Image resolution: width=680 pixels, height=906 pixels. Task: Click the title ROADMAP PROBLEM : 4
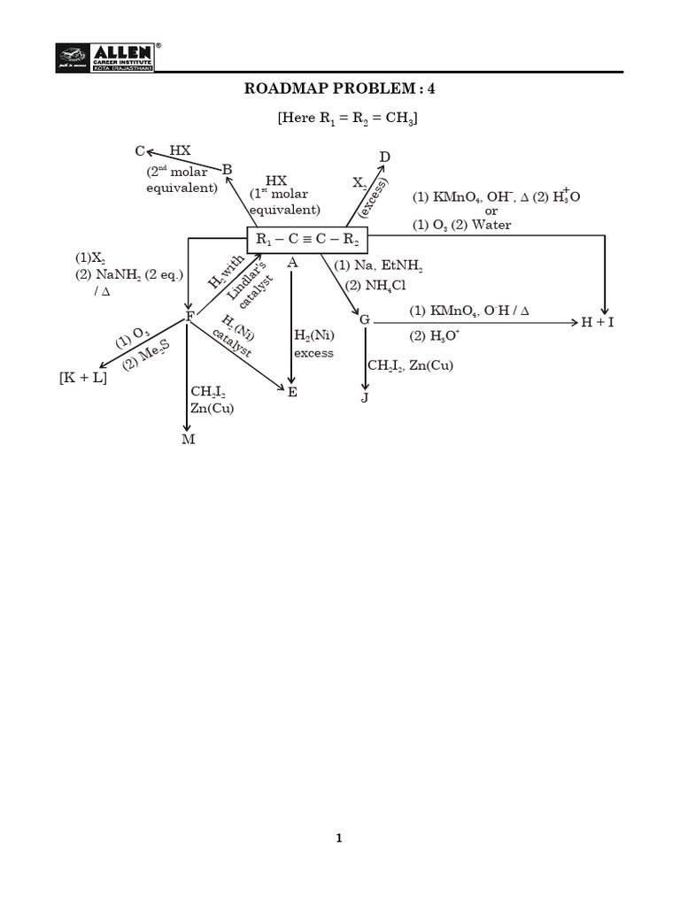click(340, 88)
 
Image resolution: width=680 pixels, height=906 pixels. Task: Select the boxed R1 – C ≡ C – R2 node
click(306, 239)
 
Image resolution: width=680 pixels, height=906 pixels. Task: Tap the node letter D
click(385, 157)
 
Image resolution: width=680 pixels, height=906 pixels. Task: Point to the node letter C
click(140, 151)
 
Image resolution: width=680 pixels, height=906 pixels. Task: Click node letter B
click(227, 170)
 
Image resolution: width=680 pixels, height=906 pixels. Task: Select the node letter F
click(189, 318)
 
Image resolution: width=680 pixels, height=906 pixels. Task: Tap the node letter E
click(292, 391)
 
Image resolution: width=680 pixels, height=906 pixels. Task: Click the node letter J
click(364, 398)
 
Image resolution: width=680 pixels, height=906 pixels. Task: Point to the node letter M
click(188, 440)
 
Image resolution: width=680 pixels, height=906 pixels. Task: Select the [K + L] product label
click(83, 378)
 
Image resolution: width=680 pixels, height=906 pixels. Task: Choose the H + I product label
click(598, 322)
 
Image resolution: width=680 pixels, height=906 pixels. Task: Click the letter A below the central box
click(292, 263)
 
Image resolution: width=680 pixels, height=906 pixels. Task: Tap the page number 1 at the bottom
click(339, 839)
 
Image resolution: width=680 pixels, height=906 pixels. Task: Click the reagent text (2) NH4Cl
click(370, 285)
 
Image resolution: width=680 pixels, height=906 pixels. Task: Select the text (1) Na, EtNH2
click(379, 265)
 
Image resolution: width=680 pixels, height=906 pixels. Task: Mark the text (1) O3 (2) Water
click(461, 225)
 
